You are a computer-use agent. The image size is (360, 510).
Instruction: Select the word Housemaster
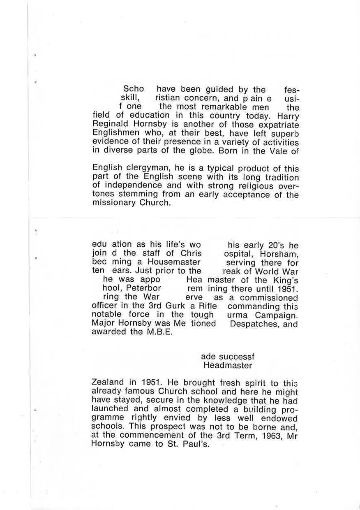click(x=174, y=262)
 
